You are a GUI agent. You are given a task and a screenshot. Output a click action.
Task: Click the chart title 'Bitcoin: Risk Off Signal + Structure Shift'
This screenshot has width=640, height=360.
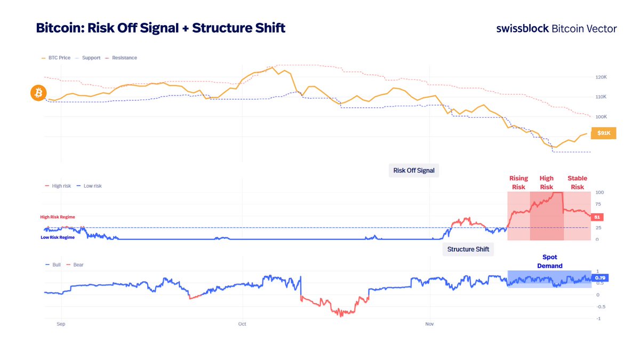161,28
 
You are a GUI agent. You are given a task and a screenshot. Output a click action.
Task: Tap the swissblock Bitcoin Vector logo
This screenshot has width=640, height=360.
556,29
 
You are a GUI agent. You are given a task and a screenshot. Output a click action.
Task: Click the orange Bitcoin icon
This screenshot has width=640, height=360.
38,94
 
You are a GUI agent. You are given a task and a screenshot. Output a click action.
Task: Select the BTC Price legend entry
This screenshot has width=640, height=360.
55,58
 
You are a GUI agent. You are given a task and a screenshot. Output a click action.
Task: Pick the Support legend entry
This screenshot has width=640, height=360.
88,58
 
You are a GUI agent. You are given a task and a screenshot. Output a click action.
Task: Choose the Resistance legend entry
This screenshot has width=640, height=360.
121,58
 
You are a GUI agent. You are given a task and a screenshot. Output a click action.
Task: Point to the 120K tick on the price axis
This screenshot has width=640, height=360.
601,77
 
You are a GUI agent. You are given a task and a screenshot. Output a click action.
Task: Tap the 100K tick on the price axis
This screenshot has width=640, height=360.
601,117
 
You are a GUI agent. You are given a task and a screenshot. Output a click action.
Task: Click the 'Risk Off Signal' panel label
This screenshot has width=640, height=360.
414,171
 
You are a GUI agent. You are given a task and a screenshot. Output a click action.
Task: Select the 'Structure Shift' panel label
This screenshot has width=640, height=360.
468,249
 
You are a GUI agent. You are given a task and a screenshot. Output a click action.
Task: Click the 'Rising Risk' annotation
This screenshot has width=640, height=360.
518,182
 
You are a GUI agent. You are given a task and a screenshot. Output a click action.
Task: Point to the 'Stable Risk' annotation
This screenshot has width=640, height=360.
577,182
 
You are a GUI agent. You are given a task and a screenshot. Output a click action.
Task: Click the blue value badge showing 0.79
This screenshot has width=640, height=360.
600,278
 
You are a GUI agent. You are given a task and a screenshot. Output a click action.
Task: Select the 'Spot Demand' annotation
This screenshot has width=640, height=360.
549,261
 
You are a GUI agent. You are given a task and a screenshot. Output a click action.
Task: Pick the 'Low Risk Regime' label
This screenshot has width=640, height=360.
58,237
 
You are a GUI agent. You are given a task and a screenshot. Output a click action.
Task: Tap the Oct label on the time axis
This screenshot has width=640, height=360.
242,324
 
